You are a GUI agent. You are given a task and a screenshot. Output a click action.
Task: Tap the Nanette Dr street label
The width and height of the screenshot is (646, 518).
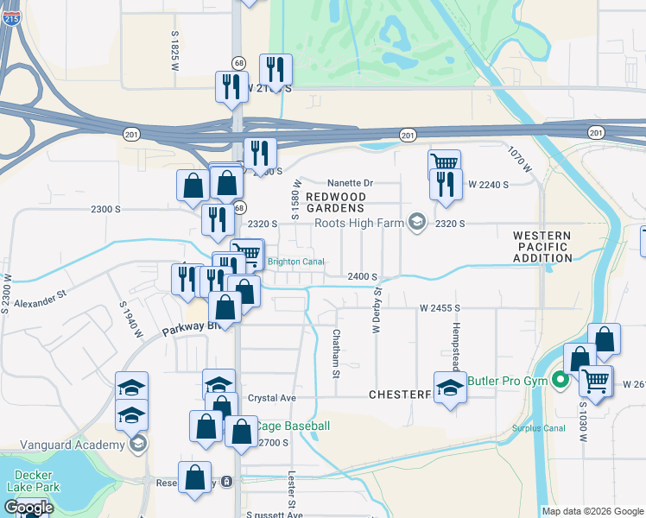(350, 183)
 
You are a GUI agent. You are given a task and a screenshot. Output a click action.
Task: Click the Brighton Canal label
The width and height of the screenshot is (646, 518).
(295, 262)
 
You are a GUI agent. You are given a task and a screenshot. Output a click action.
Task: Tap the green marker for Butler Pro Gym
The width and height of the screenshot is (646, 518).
(560, 379)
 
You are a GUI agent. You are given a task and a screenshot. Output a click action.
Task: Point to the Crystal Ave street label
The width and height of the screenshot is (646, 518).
(272, 398)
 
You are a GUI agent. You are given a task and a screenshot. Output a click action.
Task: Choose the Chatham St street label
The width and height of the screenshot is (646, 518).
(336, 352)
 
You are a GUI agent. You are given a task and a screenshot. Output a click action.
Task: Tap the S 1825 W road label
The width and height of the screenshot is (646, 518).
(174, 49)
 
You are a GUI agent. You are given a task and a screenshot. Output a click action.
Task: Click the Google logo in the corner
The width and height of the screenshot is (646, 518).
(28, 508)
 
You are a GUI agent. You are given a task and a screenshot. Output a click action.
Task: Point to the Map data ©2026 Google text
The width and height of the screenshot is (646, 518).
(592, 511)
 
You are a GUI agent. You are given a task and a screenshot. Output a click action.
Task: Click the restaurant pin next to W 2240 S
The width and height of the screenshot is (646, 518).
(445, 186)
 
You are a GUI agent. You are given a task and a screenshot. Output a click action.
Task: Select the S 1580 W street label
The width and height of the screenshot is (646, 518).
(295, 199)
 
